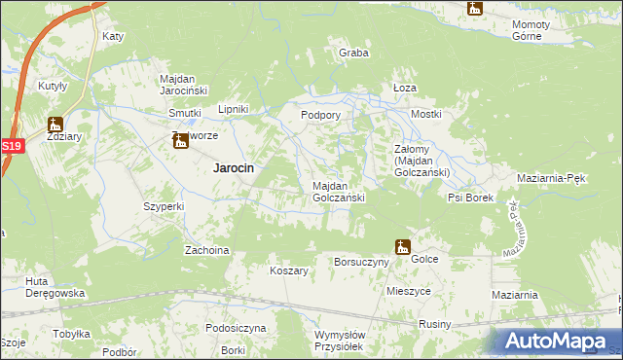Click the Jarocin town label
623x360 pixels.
(234, 167)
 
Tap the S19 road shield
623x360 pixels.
(11, 146)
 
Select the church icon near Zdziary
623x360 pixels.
(55, 125)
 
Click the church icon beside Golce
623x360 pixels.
(402, 247)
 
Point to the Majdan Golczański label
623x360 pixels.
(339, 192)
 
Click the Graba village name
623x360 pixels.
(353, 54)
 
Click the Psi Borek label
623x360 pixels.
(471, 198)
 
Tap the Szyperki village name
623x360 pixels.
(164, 207)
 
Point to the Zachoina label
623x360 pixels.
(207, 250)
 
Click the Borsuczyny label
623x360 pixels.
(361, 262)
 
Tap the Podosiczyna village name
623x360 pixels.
(236, 328)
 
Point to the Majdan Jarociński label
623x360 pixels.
(192, 85)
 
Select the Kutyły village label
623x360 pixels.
(53, 86)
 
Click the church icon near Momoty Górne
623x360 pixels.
(474, 9)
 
